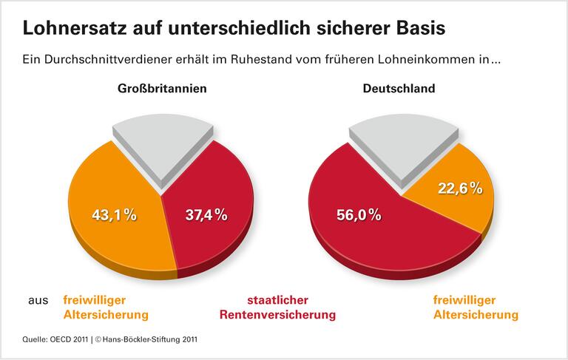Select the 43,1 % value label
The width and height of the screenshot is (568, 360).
coord(114,215)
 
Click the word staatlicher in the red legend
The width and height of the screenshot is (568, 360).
coord(277,300)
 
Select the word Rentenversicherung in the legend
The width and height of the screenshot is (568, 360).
coord(277,315)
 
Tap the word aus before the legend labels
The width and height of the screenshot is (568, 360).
coord(38,300)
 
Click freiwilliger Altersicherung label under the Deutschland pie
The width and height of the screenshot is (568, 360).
coord(475,308)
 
